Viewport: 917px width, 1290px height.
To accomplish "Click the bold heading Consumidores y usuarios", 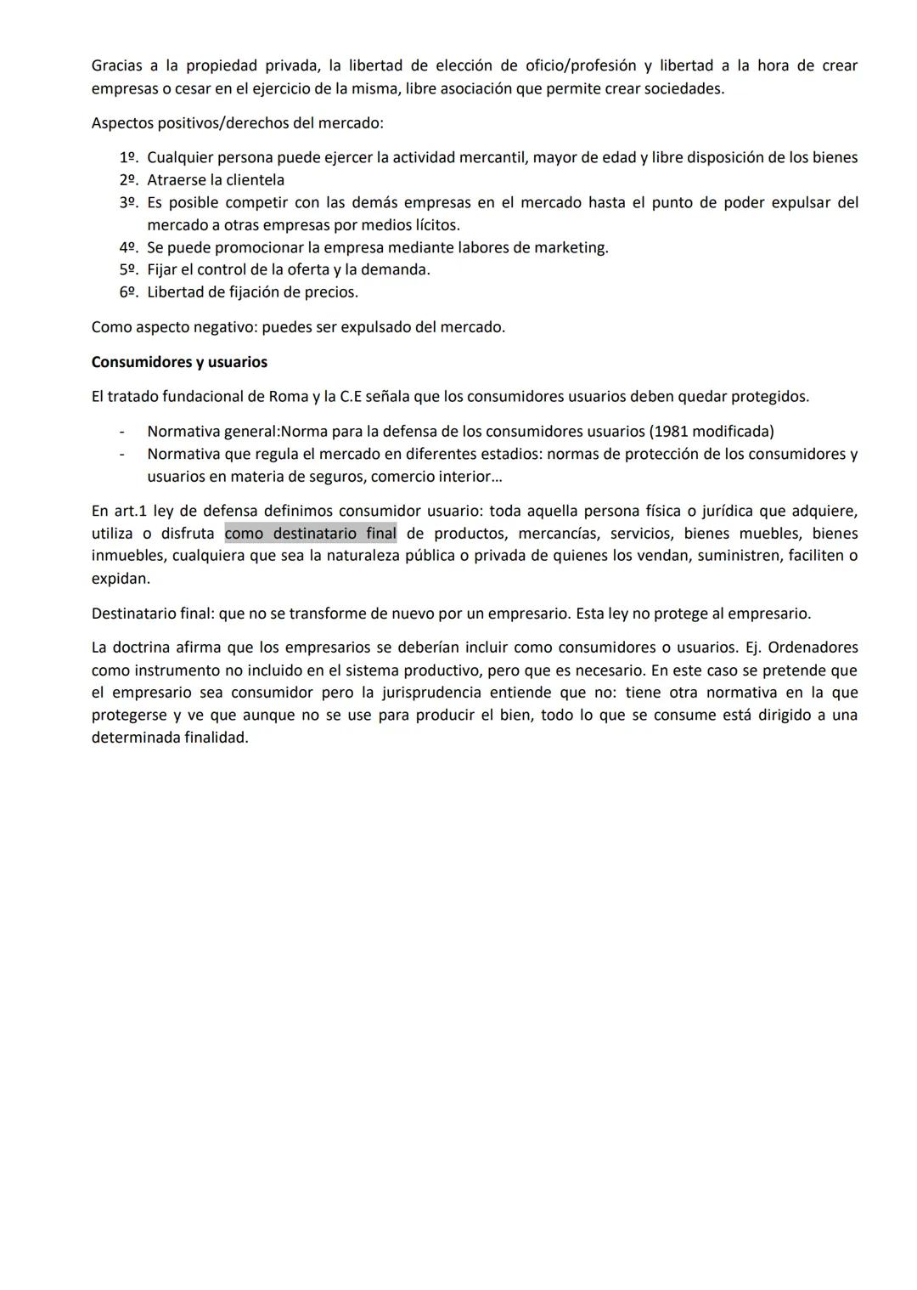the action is (179, 362).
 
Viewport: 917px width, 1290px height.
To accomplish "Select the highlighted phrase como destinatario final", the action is (310, 534).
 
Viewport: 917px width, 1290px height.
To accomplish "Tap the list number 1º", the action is (128, 157).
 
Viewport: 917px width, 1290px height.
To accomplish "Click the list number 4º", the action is (128, 247).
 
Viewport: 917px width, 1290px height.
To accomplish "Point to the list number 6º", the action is (128, 291).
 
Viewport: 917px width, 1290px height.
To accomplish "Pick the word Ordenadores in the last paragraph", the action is (813, 648).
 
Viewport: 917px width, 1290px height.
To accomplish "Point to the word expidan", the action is (120, 579).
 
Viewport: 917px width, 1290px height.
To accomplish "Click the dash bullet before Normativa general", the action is (123, 431).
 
